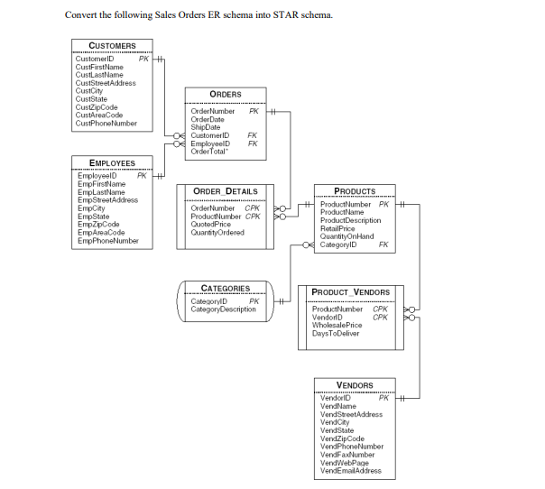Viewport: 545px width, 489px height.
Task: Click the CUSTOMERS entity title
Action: point(113,45)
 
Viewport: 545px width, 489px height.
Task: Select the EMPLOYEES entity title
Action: point(112,163)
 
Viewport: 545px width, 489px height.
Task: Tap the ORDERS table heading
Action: point(225,94)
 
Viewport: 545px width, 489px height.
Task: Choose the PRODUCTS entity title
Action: point(355,191)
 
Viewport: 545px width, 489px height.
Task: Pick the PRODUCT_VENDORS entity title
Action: point(350,292)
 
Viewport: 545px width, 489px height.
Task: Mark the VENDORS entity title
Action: point(354,385)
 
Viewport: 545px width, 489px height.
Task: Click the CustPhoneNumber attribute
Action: point(106,124)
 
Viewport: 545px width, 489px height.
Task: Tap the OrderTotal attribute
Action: point(208,150)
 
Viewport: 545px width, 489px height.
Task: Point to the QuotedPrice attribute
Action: point(211,225)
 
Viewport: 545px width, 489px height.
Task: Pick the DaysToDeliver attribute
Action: point(336,334)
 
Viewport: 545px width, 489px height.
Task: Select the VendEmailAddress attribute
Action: point(351,471)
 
